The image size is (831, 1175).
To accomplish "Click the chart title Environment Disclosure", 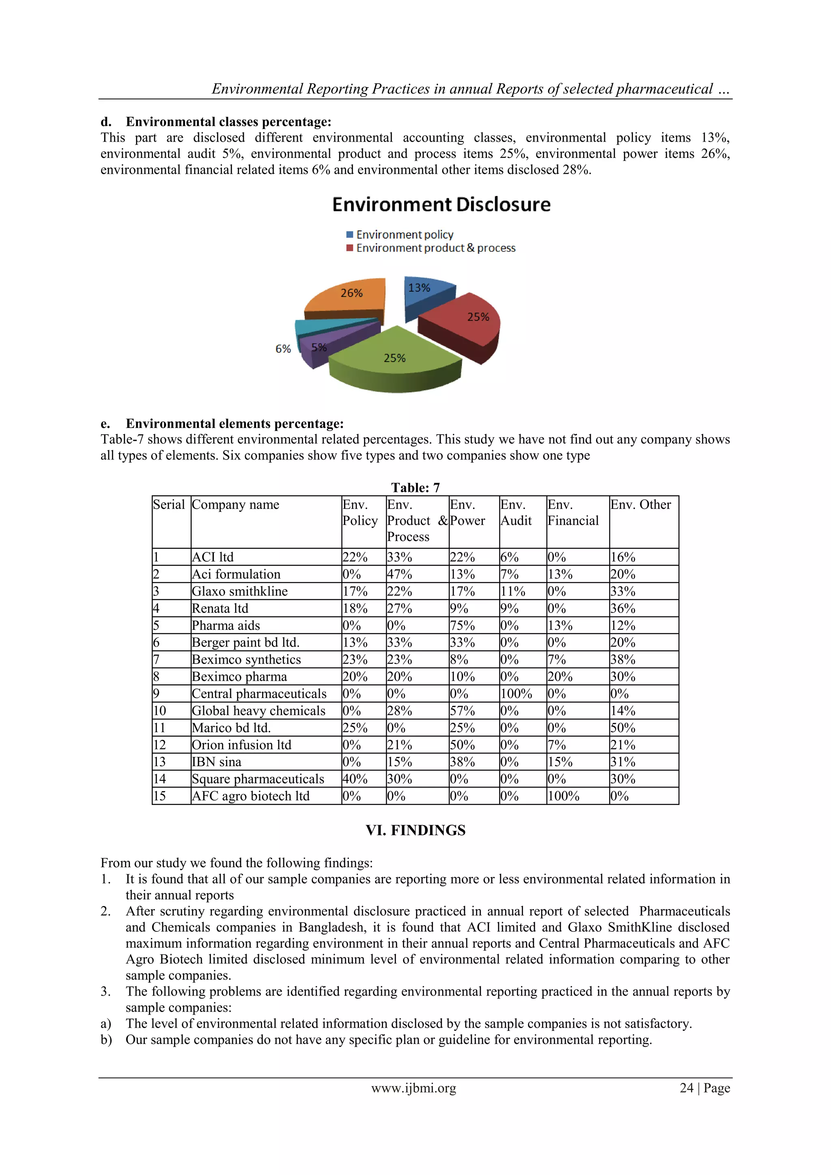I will click(441, 205).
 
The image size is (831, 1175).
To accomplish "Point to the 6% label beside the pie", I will click(283, 349).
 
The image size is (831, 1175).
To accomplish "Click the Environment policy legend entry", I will click(404, 234).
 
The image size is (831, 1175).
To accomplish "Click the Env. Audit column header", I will click(516, 513).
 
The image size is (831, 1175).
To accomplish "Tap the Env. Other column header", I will click(640, 504).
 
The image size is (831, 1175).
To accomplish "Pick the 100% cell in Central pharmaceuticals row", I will click(516, 694).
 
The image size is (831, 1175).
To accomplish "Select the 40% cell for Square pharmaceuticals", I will click(355, 779).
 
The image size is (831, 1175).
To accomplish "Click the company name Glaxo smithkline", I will click(239, 592).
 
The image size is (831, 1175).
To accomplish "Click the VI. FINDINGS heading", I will click(415, 830).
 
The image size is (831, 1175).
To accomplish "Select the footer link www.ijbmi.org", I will click(413, 1088).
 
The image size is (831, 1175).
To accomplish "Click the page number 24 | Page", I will click(704, 1088).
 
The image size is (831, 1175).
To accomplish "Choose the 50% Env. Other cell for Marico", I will click(622, 728).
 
